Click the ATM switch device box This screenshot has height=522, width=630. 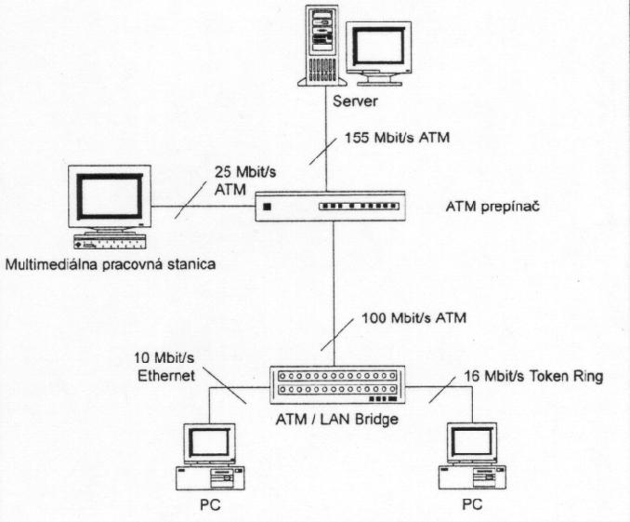click(332, 205)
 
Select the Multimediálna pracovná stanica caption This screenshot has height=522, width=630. click(111, 265)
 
